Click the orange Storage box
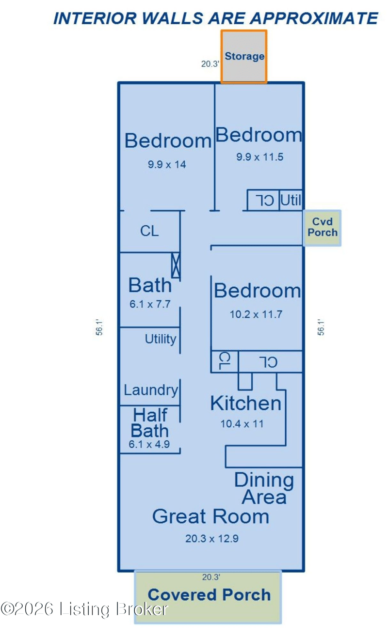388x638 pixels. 244,57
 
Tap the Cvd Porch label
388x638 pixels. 323,227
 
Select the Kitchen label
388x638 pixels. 246,404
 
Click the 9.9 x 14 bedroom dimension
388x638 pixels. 167,164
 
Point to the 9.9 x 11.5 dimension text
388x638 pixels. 259,157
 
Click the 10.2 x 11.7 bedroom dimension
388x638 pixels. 256,314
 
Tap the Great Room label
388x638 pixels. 210,516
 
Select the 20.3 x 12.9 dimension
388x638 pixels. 212,539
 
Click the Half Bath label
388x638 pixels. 150,423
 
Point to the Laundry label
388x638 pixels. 151,390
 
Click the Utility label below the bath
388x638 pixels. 161,339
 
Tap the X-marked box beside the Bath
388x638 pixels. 176,265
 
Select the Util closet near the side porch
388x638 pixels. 291,200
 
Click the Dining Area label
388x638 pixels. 264,489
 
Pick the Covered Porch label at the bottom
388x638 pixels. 209,595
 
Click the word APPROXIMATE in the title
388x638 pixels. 314,18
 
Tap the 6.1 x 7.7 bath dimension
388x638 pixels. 150,304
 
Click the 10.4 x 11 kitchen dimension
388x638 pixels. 242,424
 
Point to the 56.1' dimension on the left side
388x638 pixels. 99,327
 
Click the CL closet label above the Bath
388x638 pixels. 149,231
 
